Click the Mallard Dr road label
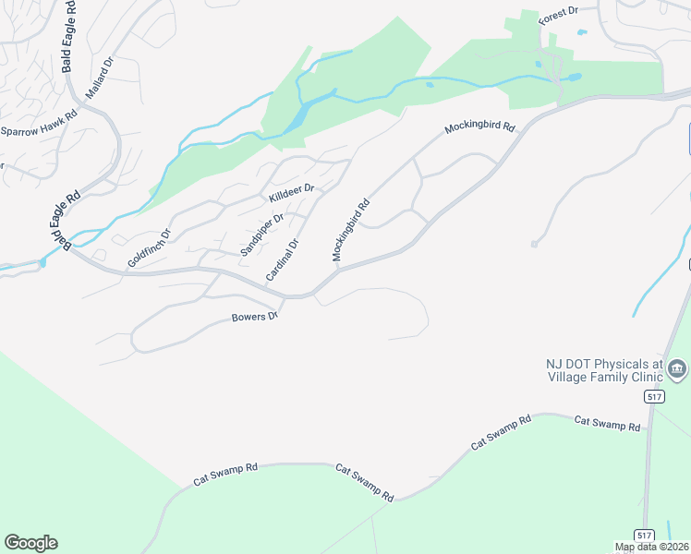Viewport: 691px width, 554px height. [x=99, y=78]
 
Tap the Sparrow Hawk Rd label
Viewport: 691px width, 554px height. [x=39, y=130]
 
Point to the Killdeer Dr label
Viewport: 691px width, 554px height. [x=292, y=193]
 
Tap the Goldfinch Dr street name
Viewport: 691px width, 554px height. [x=150, y=247]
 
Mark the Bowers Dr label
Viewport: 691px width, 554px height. [x=254, y=318]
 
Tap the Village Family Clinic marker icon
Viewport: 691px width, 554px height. [x=677, y=369]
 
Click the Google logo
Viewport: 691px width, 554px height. [x=30, y=543]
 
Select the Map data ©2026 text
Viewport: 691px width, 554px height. [x=652, y=548]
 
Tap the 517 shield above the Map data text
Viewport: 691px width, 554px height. [x=644, y=535]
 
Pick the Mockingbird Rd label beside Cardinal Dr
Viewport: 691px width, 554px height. [x=351, y=230]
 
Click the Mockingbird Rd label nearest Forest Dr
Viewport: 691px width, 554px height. [x=479, y=128]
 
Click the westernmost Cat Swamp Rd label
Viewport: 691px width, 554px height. [x=224, y=475]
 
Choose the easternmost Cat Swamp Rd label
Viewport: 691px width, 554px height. [x=607, y=424]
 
